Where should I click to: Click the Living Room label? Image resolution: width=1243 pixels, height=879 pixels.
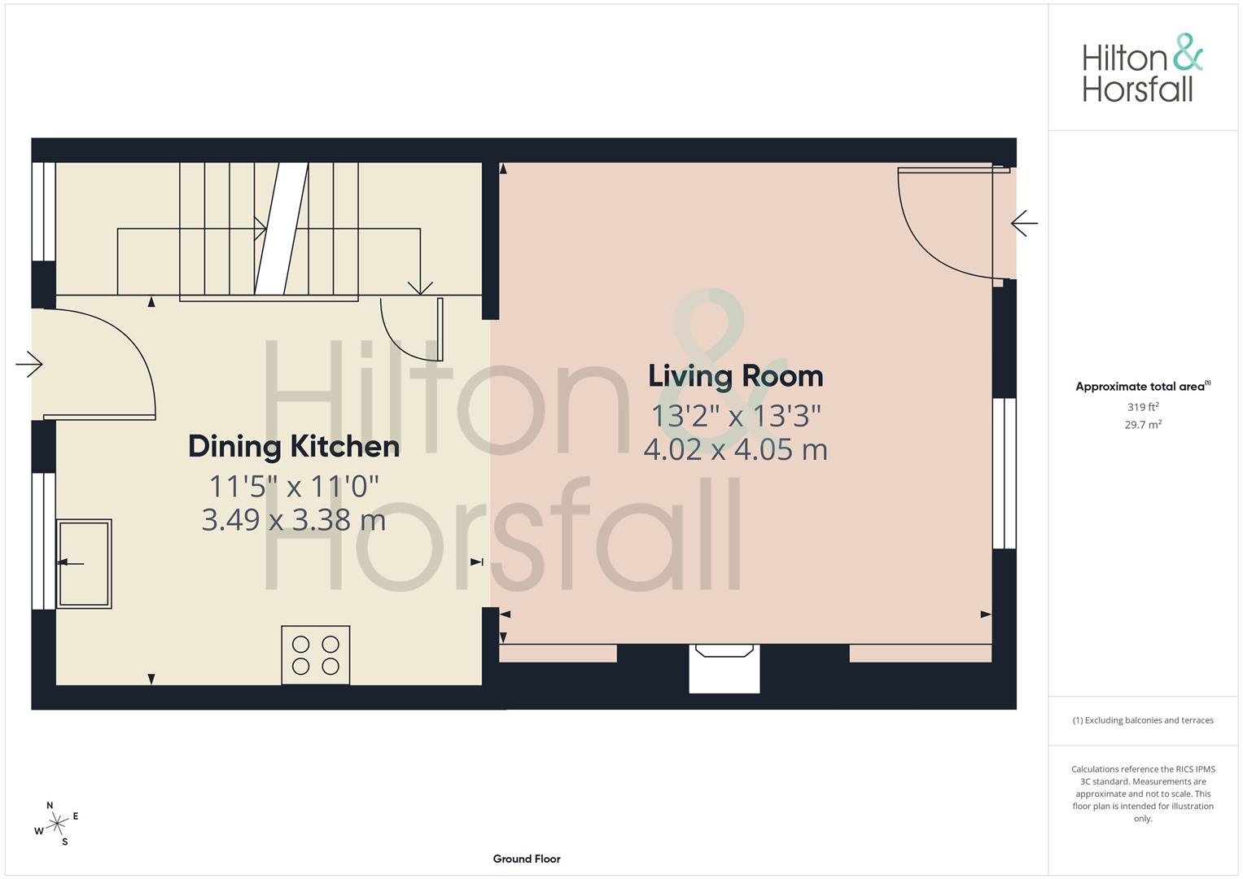tap(735, 376)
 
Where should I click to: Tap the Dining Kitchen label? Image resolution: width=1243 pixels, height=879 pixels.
tap(294, 446)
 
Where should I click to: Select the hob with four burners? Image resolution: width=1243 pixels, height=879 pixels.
tap(316, 655)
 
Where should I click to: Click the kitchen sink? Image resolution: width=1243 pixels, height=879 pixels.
tap(84, 564)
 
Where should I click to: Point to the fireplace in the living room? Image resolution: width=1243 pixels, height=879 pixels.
tap(724, 667)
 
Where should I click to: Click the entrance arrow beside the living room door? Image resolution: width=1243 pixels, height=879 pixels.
tap(1024, 222)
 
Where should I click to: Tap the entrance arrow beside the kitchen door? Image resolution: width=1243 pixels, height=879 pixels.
tap(28, 364)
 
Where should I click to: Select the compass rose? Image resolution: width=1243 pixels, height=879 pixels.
tap(57, 824)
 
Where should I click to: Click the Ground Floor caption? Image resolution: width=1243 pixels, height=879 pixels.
tap(527, 859)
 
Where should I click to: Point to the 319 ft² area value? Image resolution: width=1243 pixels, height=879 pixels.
tap(1142, 407)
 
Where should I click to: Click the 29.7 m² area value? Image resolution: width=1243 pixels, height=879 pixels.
tap(1142, 424)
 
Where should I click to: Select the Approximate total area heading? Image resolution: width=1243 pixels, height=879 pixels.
tap(1142, 387)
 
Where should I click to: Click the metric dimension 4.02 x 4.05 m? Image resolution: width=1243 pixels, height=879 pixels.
tap(735, 449)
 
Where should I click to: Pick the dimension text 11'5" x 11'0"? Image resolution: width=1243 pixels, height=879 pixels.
tap(294, 487)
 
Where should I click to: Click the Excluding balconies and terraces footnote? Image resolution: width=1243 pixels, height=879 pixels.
tap(1142, 720)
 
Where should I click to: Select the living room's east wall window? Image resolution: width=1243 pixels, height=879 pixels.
tap(1004, 473)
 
